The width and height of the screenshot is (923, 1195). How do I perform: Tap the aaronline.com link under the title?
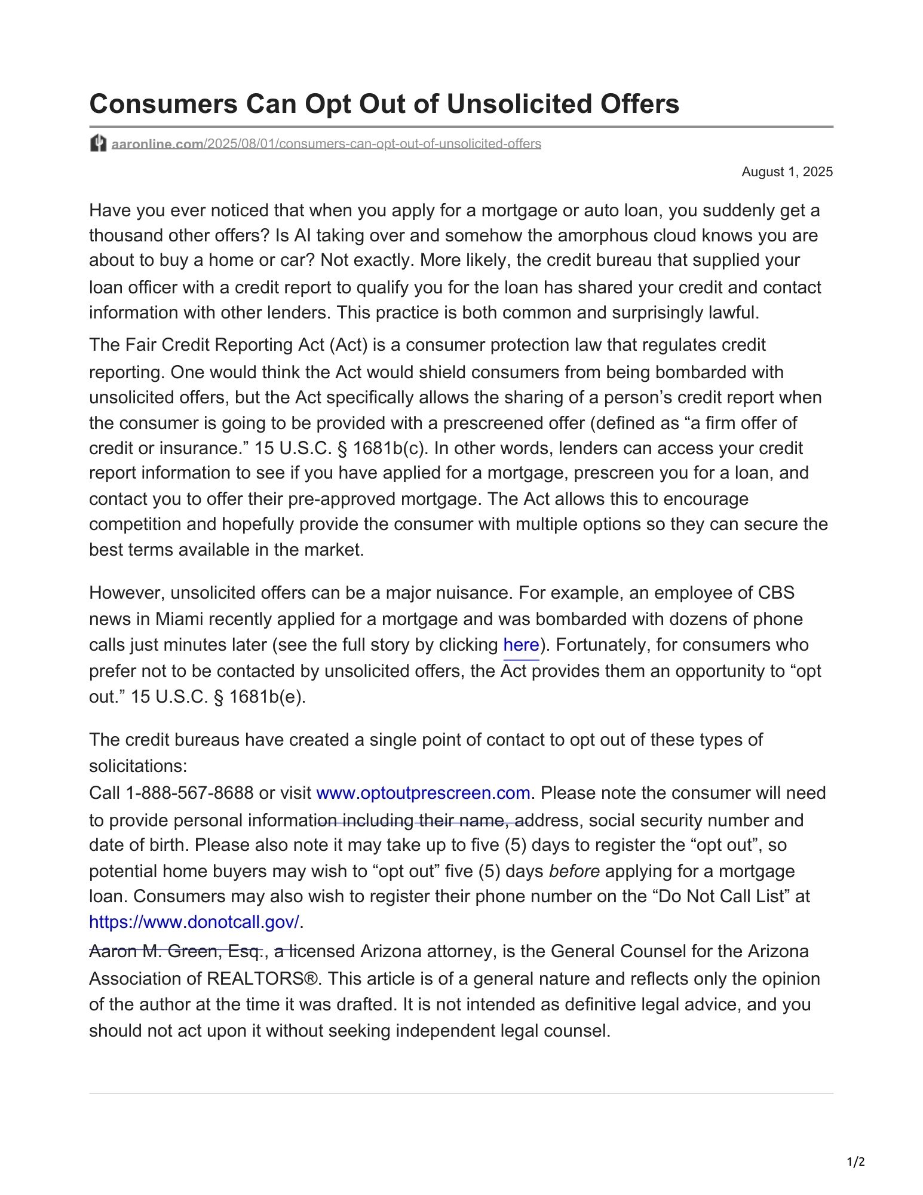coord(157,144)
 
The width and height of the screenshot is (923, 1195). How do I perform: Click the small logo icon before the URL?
coord(98,143)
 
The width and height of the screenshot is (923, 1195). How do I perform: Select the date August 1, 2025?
coord(787,172)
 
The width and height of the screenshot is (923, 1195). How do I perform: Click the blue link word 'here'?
coord(521,645)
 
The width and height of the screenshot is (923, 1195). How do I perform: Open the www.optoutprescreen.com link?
coord(423,793)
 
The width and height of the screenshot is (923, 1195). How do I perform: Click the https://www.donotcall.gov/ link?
coord(194,922)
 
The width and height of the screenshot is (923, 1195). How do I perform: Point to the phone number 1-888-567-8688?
coord(189,793)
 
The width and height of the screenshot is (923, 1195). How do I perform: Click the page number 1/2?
coord(855,1162)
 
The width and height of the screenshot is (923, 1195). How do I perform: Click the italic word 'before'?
coord(574,871)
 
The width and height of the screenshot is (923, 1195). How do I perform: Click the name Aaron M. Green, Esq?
coord(176,951)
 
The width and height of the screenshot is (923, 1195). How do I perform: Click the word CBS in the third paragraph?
coord(776,593)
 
